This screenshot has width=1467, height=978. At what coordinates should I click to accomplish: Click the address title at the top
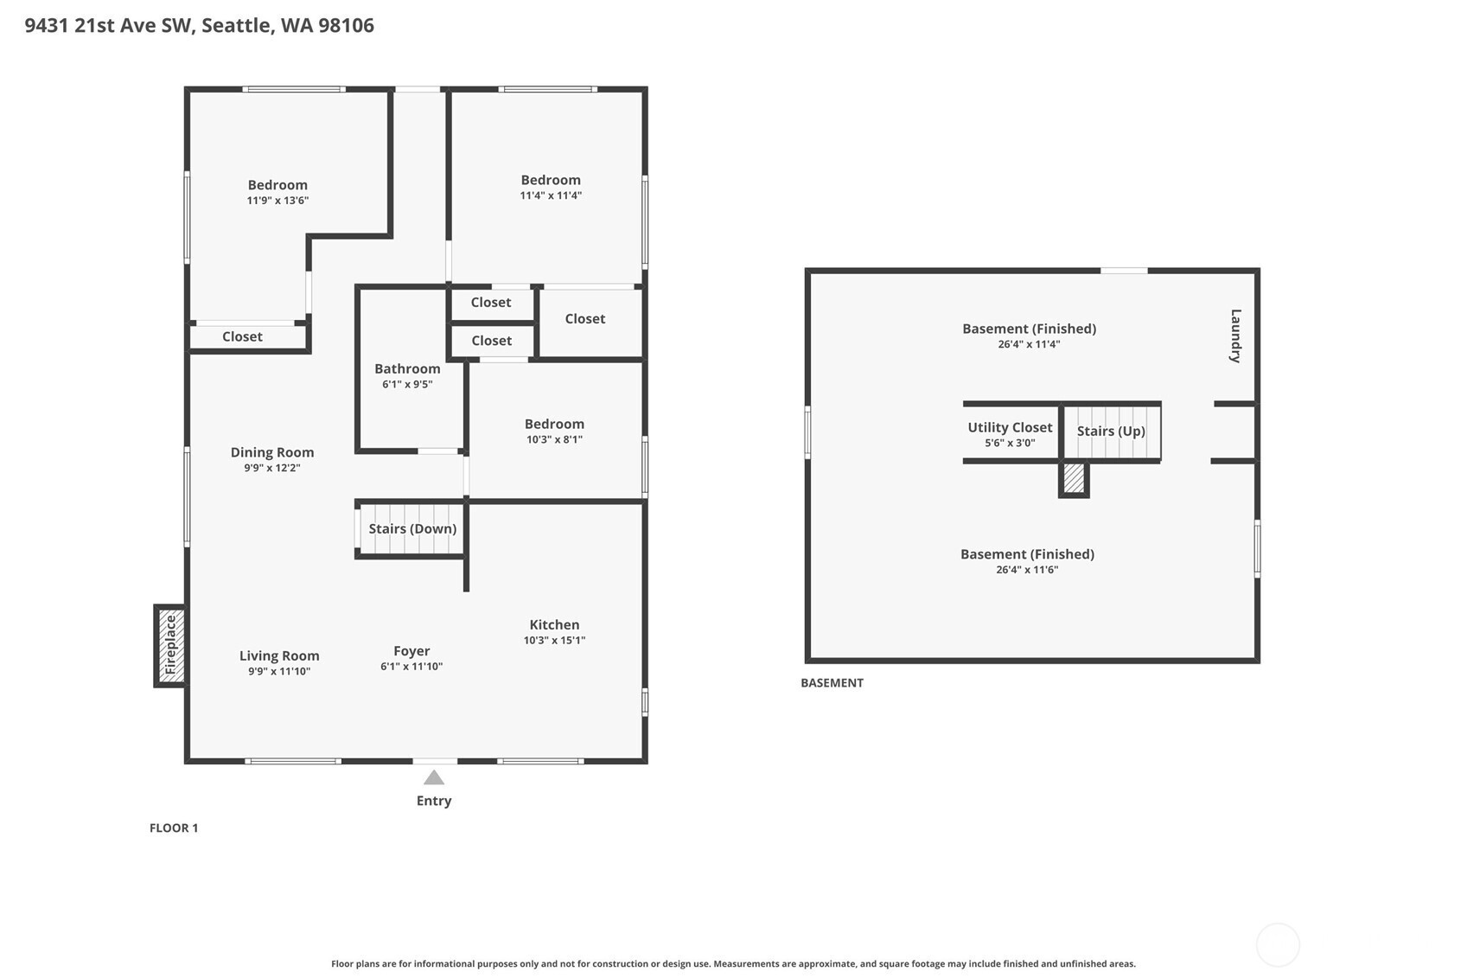point(199,26)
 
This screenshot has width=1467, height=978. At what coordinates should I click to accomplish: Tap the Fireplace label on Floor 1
point(171,645)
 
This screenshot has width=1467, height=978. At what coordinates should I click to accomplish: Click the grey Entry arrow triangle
point(434,777)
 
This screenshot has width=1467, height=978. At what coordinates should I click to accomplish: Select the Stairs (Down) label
point(412,528)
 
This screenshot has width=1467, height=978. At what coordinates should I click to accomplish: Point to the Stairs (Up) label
point(1111,431)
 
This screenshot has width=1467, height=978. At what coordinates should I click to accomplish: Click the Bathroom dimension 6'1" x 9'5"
point(407,385)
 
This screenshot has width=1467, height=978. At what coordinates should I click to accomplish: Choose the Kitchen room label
point(554,625)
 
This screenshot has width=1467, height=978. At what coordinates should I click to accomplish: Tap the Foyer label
point(411,651)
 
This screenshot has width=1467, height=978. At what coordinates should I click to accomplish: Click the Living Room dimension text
point(279,671)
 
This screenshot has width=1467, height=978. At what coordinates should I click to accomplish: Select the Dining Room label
point(271,452)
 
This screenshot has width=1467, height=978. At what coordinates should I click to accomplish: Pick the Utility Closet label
point(1010,428)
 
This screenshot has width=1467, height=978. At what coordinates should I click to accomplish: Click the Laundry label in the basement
point(1235,336)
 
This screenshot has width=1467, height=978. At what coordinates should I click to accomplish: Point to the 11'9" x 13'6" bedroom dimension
point(277,201)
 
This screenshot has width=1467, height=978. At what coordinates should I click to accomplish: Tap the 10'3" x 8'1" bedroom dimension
point(554,439)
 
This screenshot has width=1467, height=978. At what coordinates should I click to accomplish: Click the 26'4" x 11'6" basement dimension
point(1027,570)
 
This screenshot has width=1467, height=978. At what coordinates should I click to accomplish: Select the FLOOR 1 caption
point(174,828)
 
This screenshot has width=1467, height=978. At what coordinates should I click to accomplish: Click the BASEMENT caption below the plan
point(832,683)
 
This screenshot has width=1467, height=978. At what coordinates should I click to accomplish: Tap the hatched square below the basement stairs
point(1074,479)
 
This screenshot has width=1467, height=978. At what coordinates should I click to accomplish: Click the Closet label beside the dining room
point(242,336)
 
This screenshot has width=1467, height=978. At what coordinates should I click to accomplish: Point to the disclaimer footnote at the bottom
point(733,964)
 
